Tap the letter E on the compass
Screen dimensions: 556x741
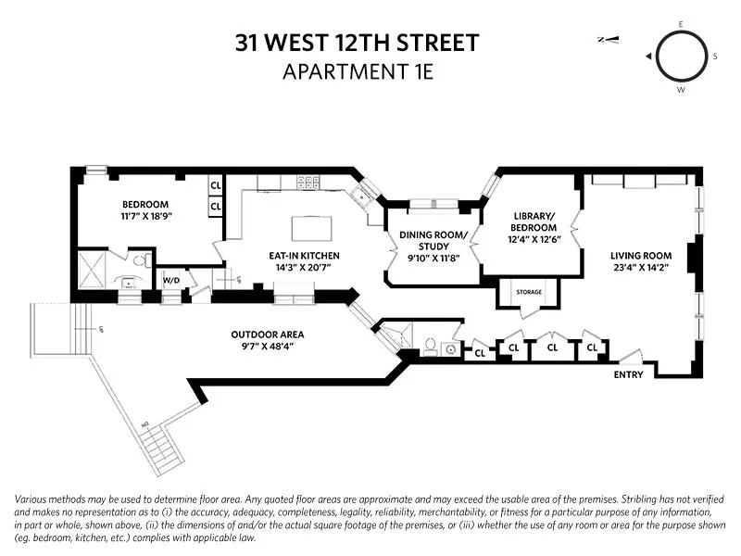tap(681, 23)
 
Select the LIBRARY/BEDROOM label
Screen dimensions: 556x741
tap(534, 221)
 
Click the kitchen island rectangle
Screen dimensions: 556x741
tap(309, 228)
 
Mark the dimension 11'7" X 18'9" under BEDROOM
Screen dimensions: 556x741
tap(145, 215)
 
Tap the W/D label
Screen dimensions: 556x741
tap(171, 279)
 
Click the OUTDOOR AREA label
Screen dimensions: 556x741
tap(267, 335)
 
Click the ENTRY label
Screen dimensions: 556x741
tap(630, 374)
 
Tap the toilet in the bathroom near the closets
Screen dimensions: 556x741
tap(430, 347)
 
